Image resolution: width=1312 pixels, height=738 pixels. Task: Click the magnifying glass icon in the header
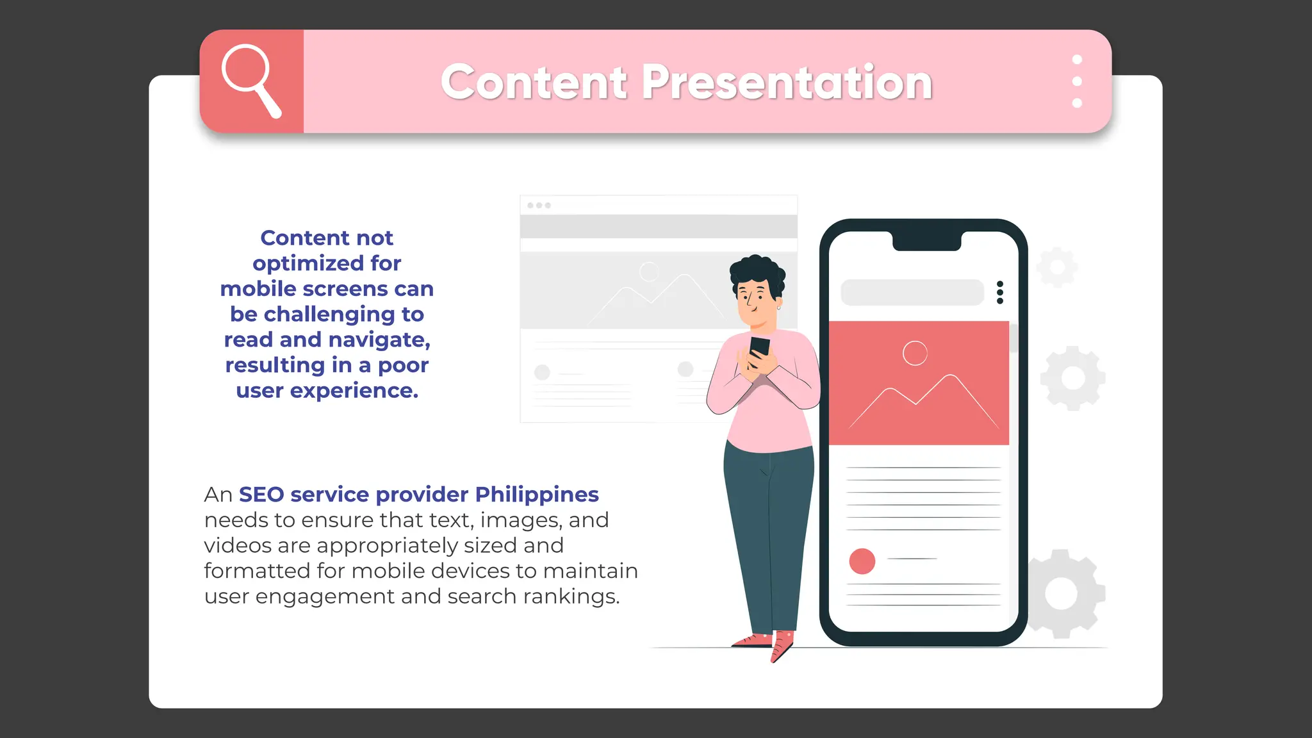(x=250, y=79)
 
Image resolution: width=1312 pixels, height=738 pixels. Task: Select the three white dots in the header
(x=1077, y=81)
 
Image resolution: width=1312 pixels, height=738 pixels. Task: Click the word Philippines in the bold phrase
(x=537, y=495)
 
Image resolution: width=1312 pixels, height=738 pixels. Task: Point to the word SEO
(x=261, y=495)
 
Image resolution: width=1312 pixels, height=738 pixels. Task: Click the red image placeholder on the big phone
(x=919, y=383)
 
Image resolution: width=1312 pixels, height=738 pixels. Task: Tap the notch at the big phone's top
(x=926, y=240)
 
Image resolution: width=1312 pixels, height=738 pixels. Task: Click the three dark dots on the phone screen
(x=1000, y=292)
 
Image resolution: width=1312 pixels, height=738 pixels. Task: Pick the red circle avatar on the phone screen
(x=862, y=561)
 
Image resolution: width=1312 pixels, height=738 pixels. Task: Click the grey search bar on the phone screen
(x=912, y=292)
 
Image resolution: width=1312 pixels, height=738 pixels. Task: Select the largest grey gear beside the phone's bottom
(x=1062, y=594)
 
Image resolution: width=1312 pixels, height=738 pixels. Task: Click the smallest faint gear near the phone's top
(x=1056, y=266)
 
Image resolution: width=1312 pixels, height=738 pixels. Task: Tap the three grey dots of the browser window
(x=539, y=206)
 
